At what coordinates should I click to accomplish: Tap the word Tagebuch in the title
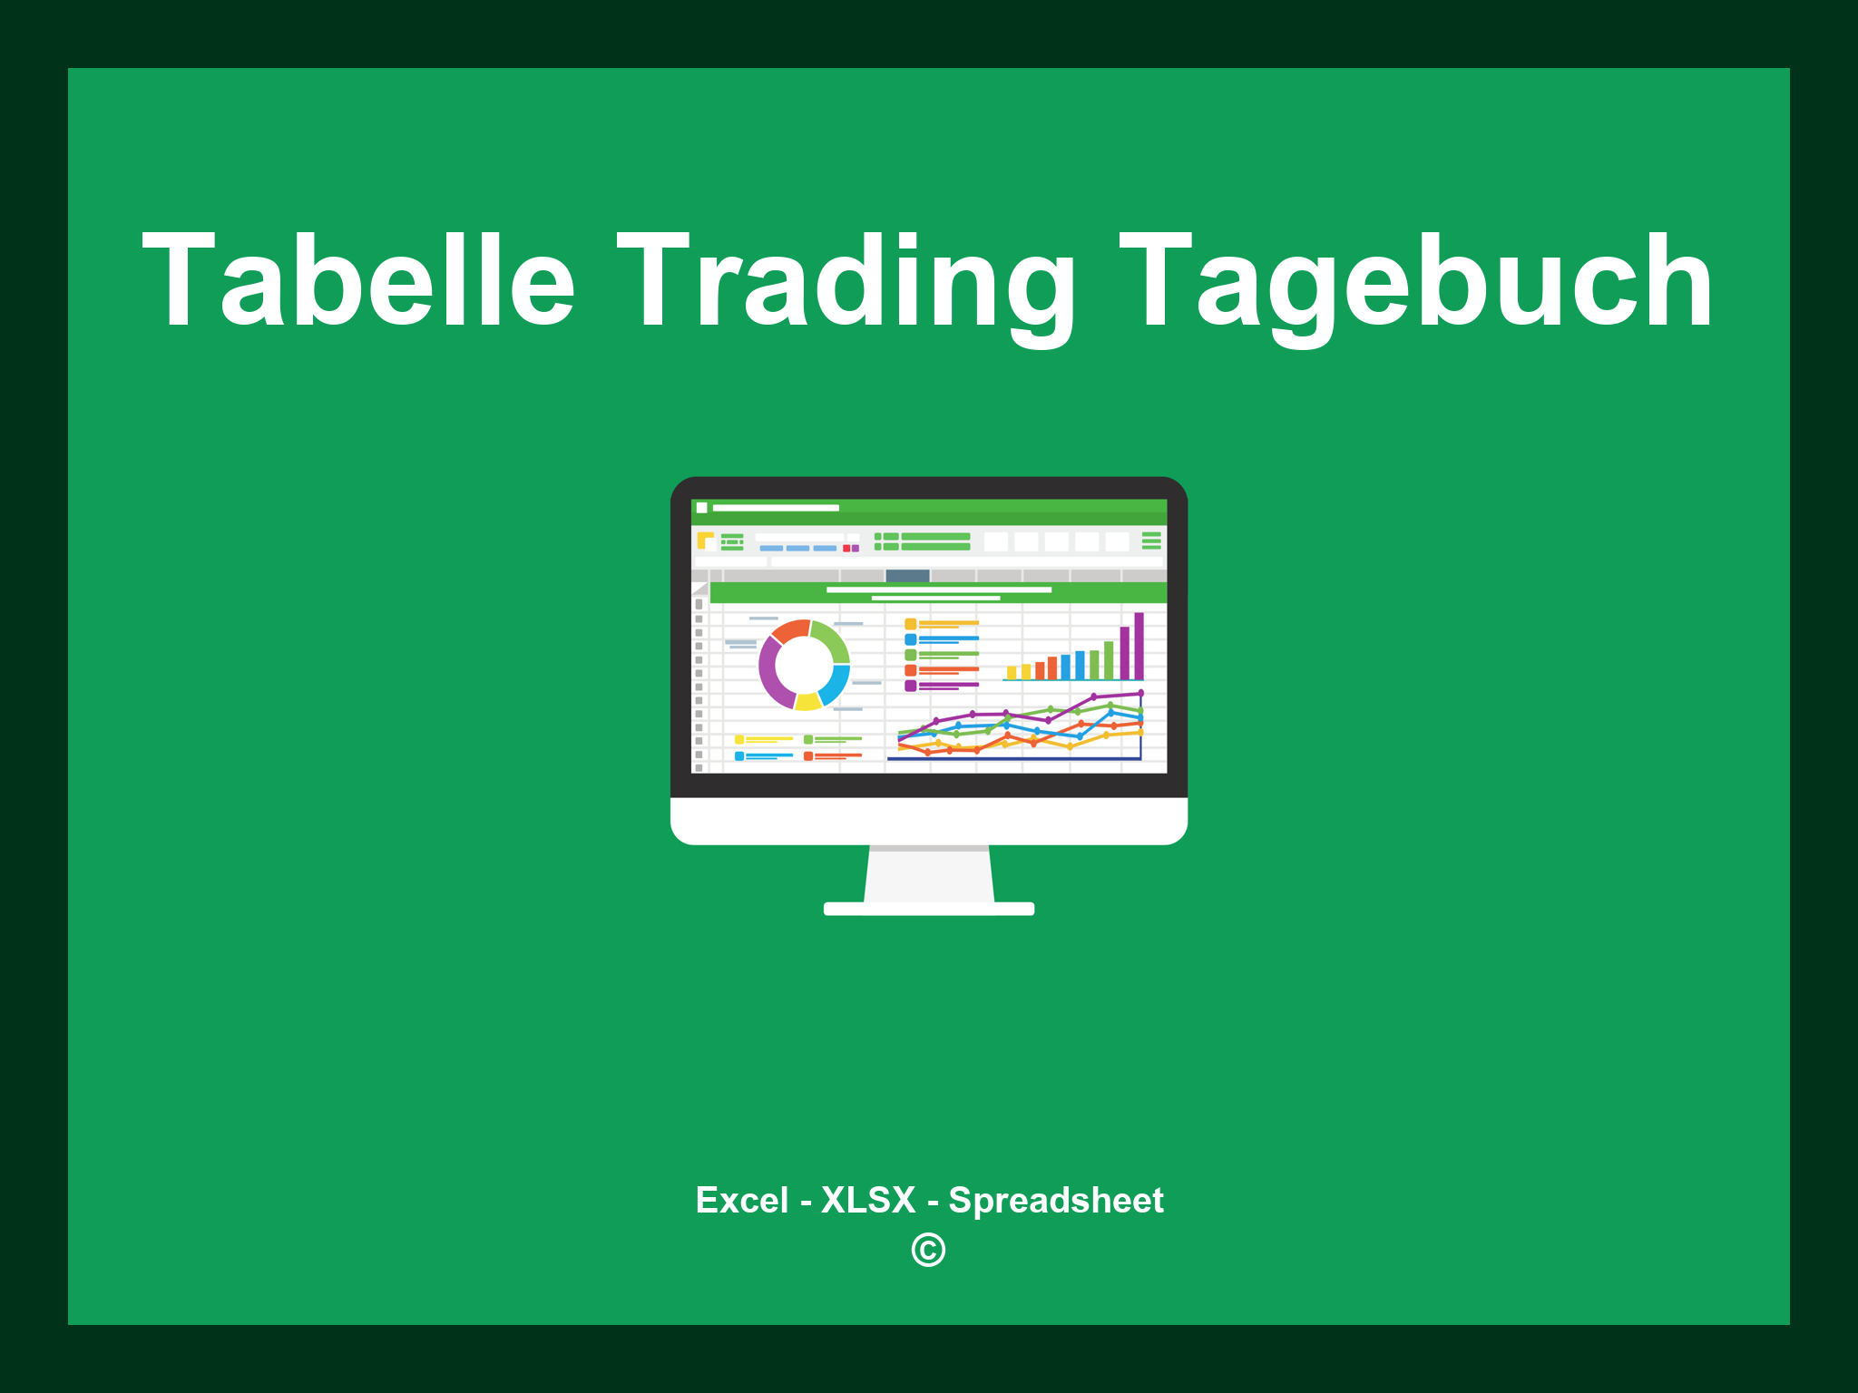pyautogui.click(x=1415, y=281)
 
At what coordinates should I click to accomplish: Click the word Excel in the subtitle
pyautogui.click(x=741, y=1200)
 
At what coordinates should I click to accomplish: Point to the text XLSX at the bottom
pyautogui.click(x=868, y=1200)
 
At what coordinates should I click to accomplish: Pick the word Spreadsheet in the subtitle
pyautogui.click(x=1055, y=1200)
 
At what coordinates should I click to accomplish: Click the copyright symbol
pyautogui.click(x=928, y=1250)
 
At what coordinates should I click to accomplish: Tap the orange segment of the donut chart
pyautogui.click(x=790, y=630)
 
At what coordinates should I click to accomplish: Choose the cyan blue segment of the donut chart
pyautogui.click(x=836, y=685)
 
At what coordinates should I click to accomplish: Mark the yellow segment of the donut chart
pyautogui.click(x=807, y=701)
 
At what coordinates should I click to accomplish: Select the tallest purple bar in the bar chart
pyautogui.click(x=1139, y=646)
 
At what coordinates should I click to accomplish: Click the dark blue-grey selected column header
pyautogui.click(x=907, y=576)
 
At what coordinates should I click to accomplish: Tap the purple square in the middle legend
pyautogui.click(x=910, y=686)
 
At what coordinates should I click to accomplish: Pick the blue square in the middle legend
pyautogui.click(x=910, y=639)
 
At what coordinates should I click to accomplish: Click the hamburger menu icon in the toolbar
pyautogui.click(x=1151, y=541)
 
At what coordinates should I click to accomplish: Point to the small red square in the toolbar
pyautogui.click(x=846, y=549)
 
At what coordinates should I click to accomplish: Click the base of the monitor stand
pyautogui.click(x=928, y=909)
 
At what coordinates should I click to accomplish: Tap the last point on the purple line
pyautogui.click(x=1140, y=694)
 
